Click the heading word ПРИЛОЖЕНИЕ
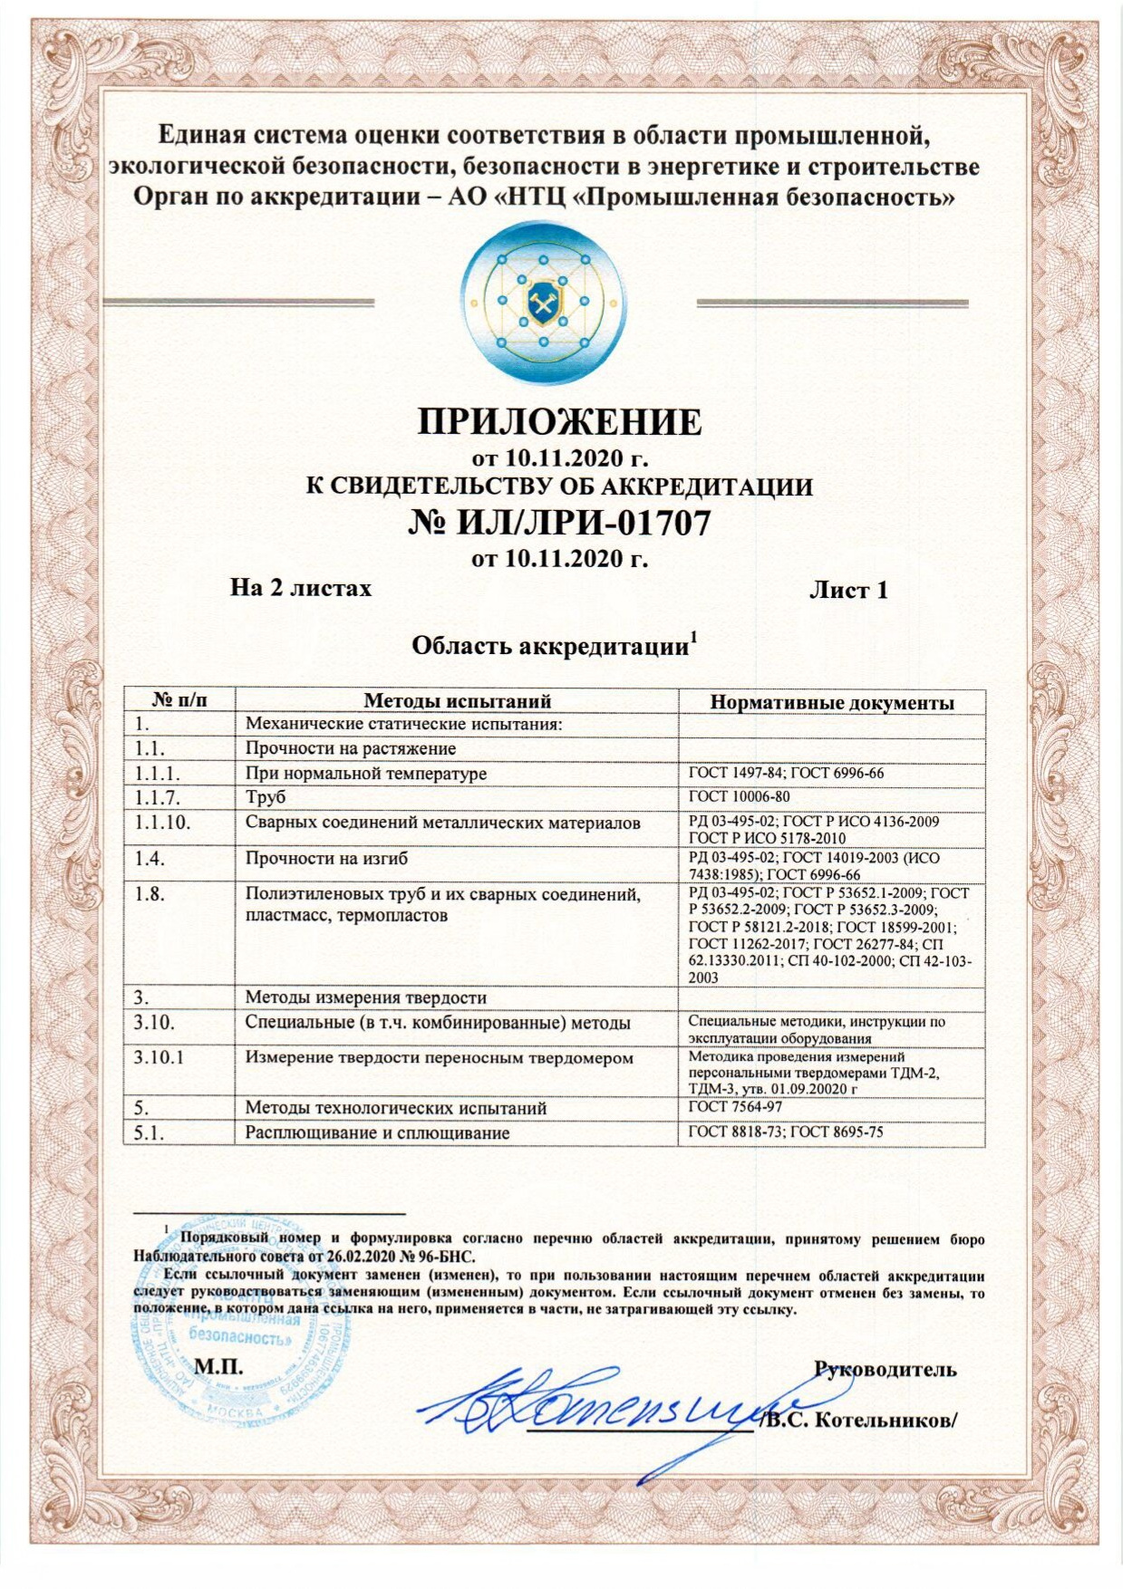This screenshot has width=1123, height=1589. click(559, 422)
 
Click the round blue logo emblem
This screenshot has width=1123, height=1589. click(541, 302)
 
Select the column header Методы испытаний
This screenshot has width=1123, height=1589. click(457, 700)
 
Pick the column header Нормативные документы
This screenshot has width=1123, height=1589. click(831, 702)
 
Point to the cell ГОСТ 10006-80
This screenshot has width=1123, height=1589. click(739, 797)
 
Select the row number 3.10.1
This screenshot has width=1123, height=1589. click(160, 1058)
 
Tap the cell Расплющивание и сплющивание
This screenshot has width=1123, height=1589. click(377, 1132)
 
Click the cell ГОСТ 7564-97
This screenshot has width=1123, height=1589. click(735, 1107)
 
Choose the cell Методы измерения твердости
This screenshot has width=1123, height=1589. click(366, 997)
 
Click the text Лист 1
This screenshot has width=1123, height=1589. click(847, 591)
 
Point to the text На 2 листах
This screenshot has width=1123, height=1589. click(301, 589)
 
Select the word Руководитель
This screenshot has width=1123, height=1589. click(885, 1369)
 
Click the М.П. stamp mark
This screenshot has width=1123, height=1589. click(218, 1367)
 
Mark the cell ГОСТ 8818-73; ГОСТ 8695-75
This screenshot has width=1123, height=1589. click(785, 1132)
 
